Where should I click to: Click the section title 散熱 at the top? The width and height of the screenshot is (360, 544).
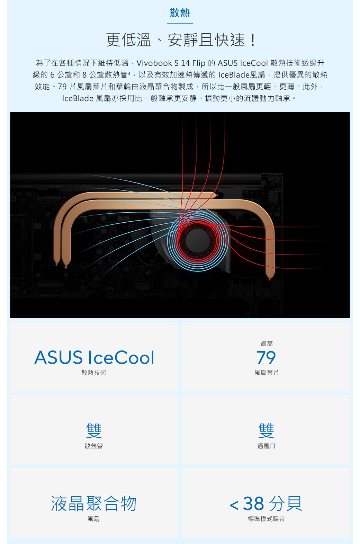click(180, 13)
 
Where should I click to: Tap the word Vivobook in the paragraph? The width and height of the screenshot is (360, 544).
click(154, 63)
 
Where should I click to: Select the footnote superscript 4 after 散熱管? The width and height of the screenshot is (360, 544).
click(129, 73)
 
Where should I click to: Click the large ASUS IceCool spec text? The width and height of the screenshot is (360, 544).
click(94, 358)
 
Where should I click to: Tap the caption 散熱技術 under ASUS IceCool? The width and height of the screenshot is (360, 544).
click(94, 373)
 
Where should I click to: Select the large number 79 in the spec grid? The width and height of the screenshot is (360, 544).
click(266, 358)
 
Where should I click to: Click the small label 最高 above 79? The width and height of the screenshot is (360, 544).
click(267, 344)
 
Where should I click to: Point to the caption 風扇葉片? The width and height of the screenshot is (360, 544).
click(267, 373)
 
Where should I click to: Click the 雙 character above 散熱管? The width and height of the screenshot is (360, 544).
click(94, 431)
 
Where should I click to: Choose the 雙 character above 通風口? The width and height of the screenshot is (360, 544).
click(266, 431)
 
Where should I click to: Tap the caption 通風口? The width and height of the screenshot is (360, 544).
click(266, 446)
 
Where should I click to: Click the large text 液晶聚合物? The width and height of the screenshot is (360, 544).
click(94, 503)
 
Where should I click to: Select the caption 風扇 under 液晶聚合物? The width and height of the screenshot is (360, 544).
click(94, 519)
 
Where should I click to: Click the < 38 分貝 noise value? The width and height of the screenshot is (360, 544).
click(266, 503)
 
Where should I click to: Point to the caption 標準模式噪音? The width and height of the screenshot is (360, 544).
click(266, 519)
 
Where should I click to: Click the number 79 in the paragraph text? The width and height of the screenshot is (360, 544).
click(62, 87)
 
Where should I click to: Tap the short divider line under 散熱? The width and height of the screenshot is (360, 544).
click(180, 23)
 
